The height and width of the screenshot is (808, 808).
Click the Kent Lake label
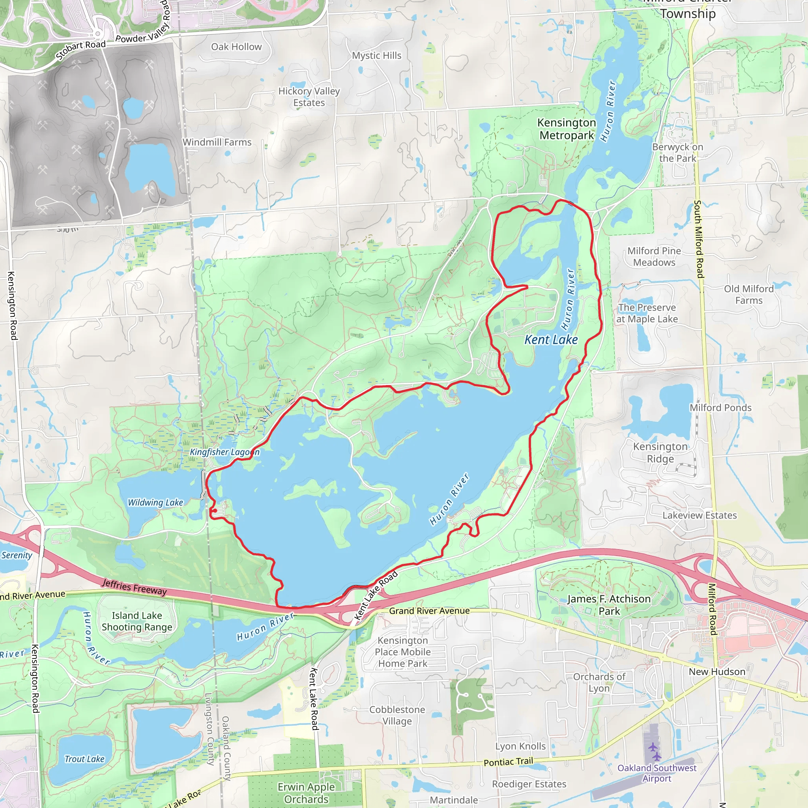tap(551, 340)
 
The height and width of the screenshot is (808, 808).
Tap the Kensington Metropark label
tap(567, 129)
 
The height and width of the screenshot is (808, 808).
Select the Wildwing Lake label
tap(155, 502)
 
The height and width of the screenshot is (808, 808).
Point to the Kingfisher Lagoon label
tap(224, 452)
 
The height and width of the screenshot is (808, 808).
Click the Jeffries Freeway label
tap(134, 587)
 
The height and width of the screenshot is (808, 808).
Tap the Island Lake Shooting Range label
tap(137, 621)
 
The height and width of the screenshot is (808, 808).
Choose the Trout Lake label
tap(84, 759)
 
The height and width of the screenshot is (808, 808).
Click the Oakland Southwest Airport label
tap(657, 773)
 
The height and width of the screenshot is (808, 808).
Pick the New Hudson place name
tap(717, 671)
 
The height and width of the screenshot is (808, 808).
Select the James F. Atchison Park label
tap(609, 605)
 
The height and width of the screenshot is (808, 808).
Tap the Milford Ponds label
tap(720, 408)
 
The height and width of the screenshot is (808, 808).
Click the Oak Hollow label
tap(236, 47)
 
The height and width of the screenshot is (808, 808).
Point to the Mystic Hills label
tap(376, 56)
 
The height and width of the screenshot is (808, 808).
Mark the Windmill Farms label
tap(217, 142)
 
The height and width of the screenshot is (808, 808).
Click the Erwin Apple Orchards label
tap(306, 793)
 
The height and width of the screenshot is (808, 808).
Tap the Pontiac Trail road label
tap(508, 761)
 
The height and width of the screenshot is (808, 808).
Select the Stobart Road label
tap(81, 50)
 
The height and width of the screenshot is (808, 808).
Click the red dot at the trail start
tap(214, 510)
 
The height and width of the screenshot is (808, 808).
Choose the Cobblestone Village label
tap(397, 715)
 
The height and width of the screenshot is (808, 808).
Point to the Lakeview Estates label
tap(699, 515)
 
